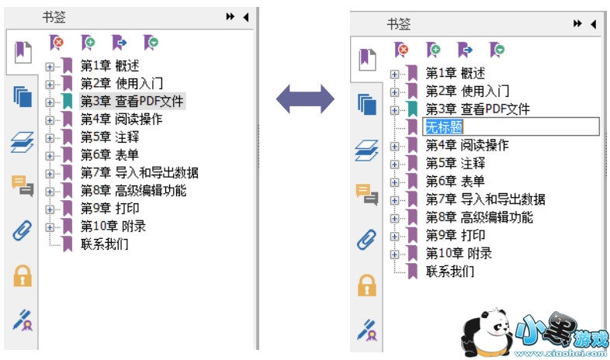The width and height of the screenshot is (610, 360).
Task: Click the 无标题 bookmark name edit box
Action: coord(510,127)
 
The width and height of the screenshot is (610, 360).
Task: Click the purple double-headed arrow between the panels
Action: coord(305,98)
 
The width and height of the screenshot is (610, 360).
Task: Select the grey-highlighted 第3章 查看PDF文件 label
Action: coord(133,101)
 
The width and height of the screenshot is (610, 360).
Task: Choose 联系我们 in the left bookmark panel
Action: coord(105,244)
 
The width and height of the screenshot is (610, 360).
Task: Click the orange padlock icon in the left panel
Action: coord(23,275)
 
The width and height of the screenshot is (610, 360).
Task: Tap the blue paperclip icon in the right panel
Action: coord(366,240)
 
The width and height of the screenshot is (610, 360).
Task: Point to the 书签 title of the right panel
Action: coord(398,24)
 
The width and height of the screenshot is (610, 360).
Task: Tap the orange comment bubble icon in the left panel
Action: coord(23,185)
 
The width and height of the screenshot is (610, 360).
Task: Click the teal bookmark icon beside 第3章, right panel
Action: coord(412,109)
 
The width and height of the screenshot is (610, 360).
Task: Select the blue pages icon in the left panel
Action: coord(23,97)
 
